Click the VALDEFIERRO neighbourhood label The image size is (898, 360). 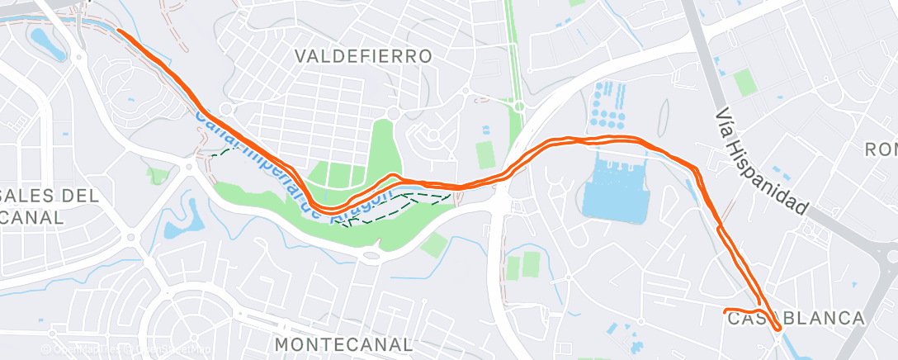point(364,56)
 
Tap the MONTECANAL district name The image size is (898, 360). point(343,343)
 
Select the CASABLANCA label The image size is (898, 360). point(796,319)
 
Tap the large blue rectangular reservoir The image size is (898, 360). point(615,192)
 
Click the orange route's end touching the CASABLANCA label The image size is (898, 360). point(725,311)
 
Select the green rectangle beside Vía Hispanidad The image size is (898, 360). point(745,83)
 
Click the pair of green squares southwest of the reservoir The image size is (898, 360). point(522,266)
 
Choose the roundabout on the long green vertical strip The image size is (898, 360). point(518,106)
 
